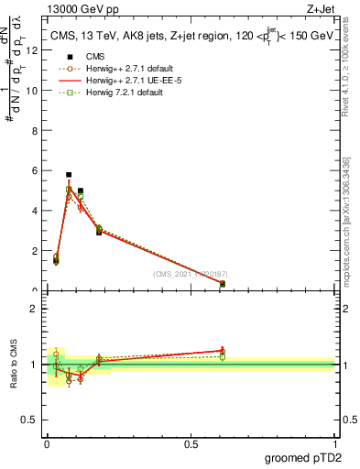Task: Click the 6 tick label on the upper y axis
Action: point(35,170)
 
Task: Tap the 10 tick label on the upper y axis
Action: point(33,91)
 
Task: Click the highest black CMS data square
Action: point(69,174)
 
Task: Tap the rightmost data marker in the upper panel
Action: point(223,284)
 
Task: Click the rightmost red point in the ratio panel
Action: point(223,351)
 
